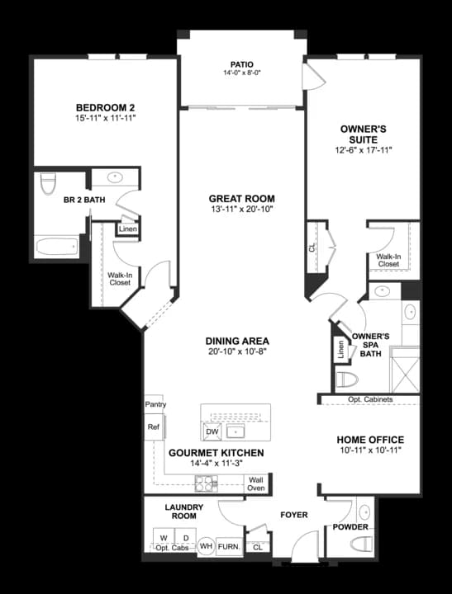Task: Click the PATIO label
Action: (x=241, y=64)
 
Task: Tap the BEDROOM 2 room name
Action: (x=106, y=108)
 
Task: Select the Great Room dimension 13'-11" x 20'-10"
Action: (x=241, y=210)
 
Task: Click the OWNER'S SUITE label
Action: (x=364, y=134)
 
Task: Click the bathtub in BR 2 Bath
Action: (x=56, y=246)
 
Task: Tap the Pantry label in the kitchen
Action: (x=155, y=405)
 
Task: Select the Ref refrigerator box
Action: (x=154, y=427)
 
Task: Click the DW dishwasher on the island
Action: (x=212, y=431)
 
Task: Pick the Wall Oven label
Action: (x=256, y=483)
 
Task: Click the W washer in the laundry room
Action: (x=163, y=539)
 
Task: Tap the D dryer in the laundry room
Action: (x=185, y=539)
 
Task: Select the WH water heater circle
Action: (x=205, y=546)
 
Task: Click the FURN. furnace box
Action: (x=228, y=546)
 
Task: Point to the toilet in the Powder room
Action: (x=359, y=544)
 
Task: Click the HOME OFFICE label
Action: (x=369, y=441)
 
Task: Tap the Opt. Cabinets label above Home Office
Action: (x=371, y=400)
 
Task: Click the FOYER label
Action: (x=293, y=516)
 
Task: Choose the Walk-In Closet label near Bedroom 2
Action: (x=120, y=278)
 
